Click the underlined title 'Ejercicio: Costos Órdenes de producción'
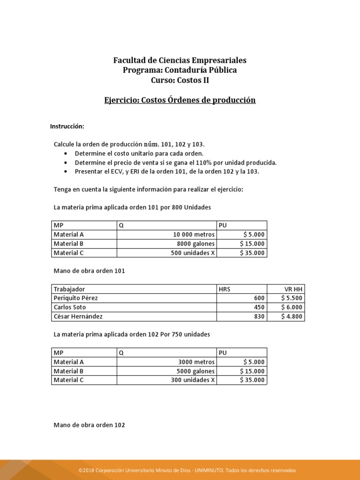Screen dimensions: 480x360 pos(180,100)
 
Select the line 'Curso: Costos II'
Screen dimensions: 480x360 pos(180,80)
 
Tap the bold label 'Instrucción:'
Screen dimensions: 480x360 pos(67,127)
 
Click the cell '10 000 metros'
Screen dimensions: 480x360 pos(194,234)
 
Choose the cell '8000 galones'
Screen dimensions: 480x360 pos(195,244)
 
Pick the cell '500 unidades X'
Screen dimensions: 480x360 pos(193,253)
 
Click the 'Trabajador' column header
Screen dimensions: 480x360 pos(69,289)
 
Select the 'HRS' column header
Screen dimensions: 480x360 pos(225,289)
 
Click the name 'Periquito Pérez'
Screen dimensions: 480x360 pos(76,298)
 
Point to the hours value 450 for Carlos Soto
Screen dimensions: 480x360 pos(259,307)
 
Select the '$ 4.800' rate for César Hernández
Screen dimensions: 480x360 pos(292,317)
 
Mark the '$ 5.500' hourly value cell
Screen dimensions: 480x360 pos(292,298)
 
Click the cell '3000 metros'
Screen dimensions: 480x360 pos(196,362)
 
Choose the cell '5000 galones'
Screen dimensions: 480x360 pos(195,371)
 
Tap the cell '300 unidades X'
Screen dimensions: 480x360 pos(193,380)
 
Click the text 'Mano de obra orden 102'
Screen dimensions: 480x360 pos(90,425)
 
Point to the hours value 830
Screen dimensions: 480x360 pos(259,317)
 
